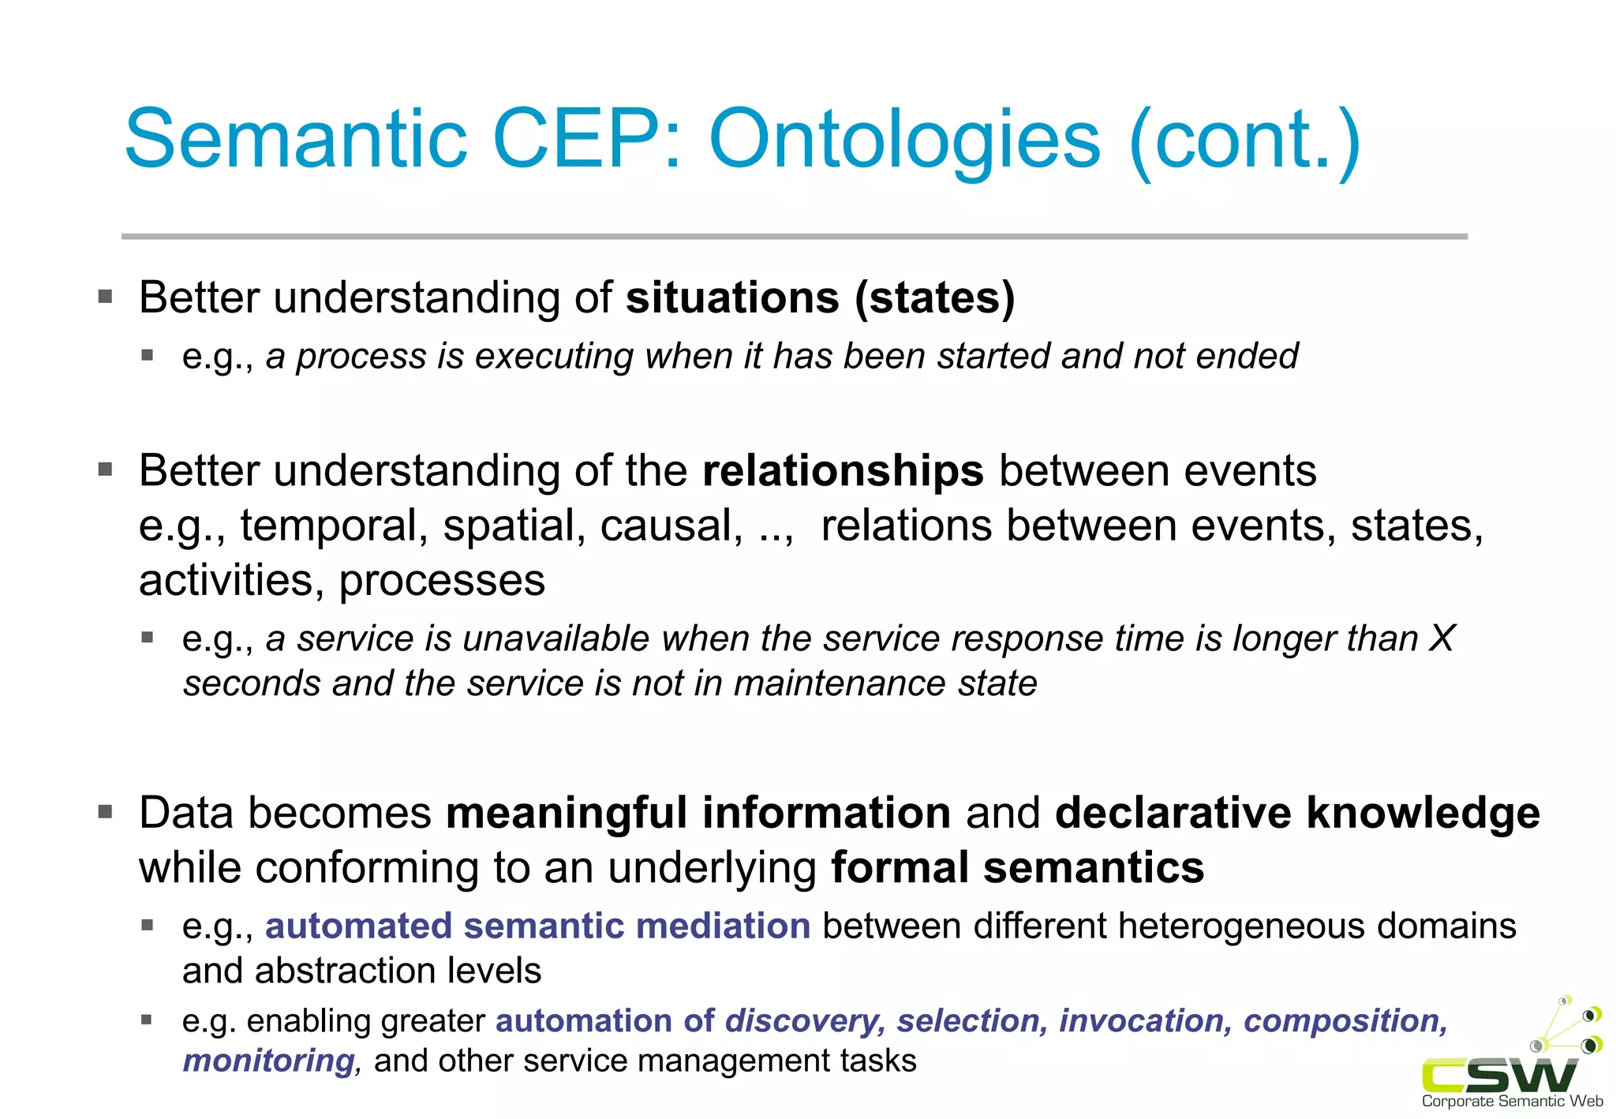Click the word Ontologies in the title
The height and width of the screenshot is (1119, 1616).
click(904, 140)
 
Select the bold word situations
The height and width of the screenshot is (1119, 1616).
click(732, 298)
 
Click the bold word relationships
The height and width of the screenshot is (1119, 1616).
click(843, 471)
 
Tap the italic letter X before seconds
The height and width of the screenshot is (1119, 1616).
click(1442, 638)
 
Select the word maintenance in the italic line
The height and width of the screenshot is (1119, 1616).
click(839, 683)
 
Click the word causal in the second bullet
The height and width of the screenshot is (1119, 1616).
click(671, 526)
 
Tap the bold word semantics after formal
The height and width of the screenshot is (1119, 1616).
click(1094, 868)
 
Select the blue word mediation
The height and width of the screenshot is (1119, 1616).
click(723, 926)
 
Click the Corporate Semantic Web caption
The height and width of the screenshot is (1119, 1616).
click(1512, 1102)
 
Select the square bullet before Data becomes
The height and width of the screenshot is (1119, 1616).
click(106, 812)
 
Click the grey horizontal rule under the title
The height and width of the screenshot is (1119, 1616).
click(794, 236)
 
